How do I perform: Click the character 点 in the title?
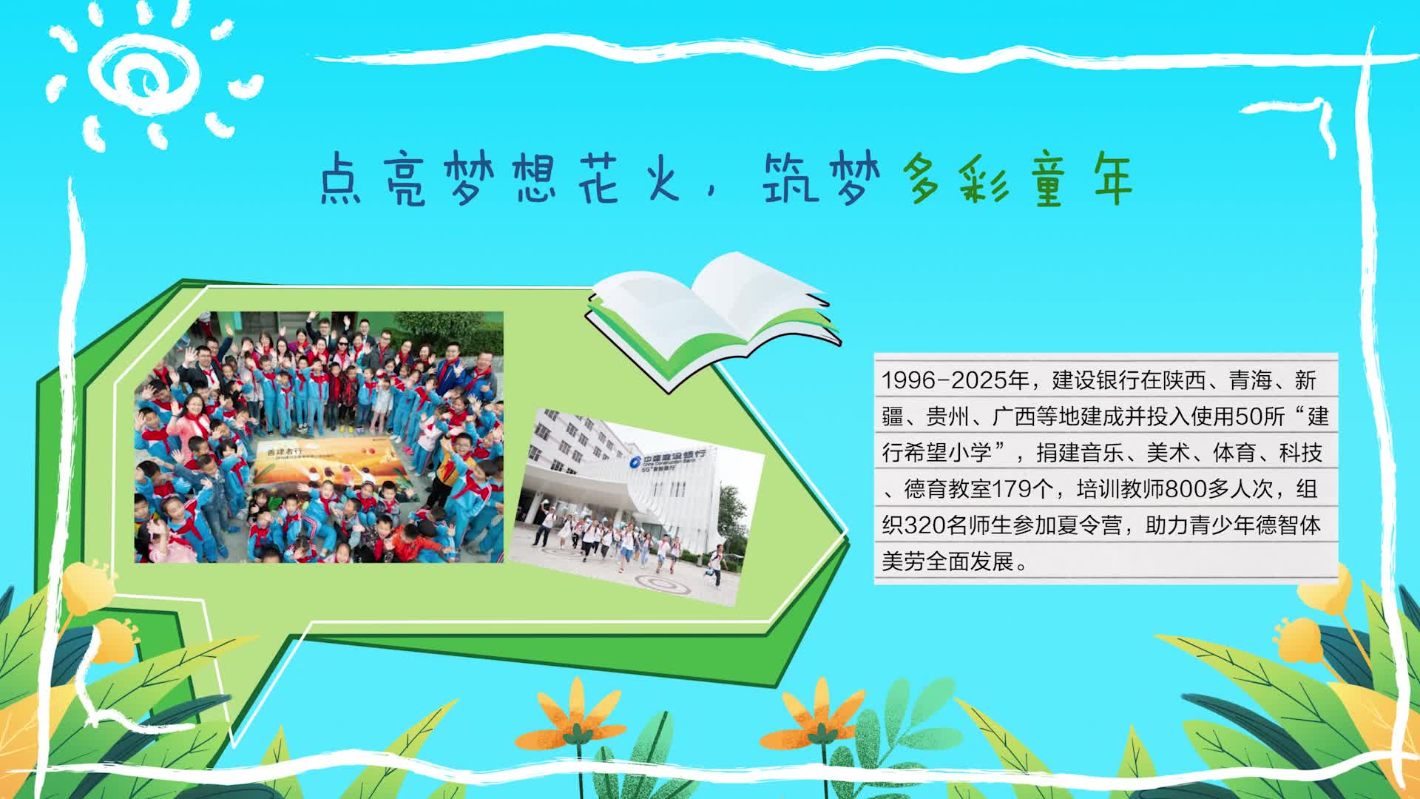click(x=340, y=179)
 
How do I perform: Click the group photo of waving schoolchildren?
click(x=319, y=437)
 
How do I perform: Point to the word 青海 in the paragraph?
click(x=1251, y=381)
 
